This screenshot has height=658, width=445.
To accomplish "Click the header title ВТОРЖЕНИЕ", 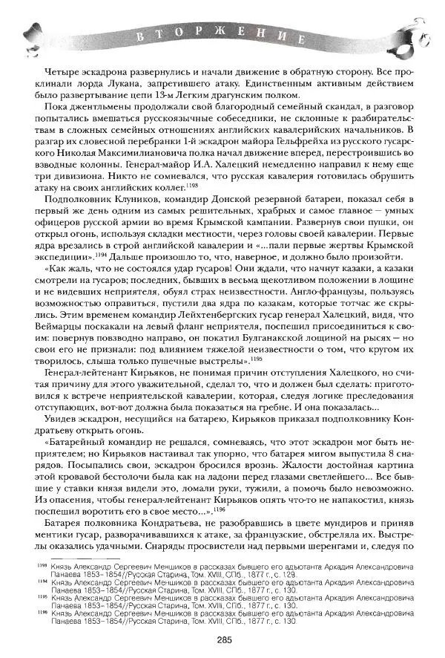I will [222, 35].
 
